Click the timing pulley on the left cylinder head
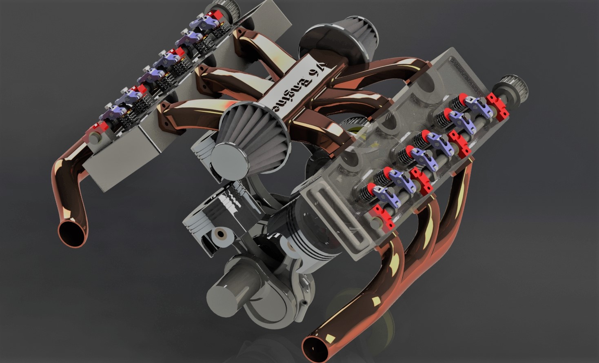[215, 10]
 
